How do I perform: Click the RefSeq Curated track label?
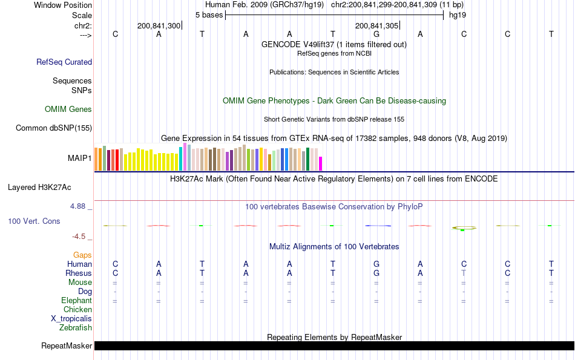(x=64, y=62)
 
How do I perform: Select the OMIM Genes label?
(x=68, y=110)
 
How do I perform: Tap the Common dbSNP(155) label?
(x=54, y=128)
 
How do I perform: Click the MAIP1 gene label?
(x=80, y=159)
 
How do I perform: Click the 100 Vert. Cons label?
(x=34, y=221)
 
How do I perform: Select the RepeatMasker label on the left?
(x=67, y=346)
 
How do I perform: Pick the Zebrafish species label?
(x=76, y=328)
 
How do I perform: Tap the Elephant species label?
(x=76, y=301)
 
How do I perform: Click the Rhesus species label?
(x=79, y=273)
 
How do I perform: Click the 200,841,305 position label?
(x=376, y=26)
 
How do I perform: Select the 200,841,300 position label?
(x=159, y=26)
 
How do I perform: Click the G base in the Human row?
(x=376, y=264)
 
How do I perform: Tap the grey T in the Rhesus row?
(x=464, y=273)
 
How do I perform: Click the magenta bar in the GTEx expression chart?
(x=321, y=164)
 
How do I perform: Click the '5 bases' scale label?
(x=209, y=15)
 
